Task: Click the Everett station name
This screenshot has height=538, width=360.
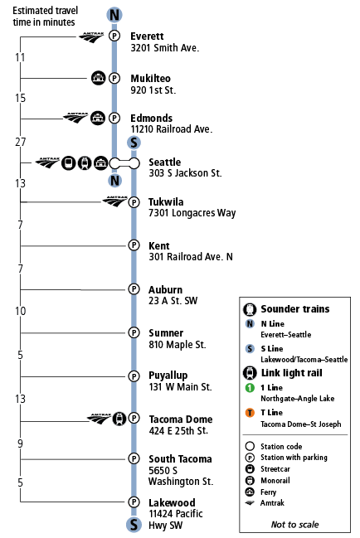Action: (x=148, y=36)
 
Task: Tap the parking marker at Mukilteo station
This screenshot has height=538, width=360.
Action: (x=114, y=79)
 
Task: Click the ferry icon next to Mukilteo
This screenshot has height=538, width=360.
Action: (x=98, y=79)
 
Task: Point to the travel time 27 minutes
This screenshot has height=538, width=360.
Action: (x=20, y=142)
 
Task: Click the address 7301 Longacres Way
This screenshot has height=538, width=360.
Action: (x=192, y=214)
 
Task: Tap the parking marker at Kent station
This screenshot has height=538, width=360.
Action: (x=133, y=245)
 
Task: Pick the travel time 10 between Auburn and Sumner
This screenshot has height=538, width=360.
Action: (x=20, y=311)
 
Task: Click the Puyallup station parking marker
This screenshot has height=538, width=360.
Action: (x=133, y=376)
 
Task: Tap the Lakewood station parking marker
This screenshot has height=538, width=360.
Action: (x=133, y=502)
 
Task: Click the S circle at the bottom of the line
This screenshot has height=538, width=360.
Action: (x=133, y=524)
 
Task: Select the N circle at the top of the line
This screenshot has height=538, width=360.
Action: (x=114, y=14)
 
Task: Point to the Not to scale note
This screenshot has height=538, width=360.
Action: (x=294, y=524)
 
